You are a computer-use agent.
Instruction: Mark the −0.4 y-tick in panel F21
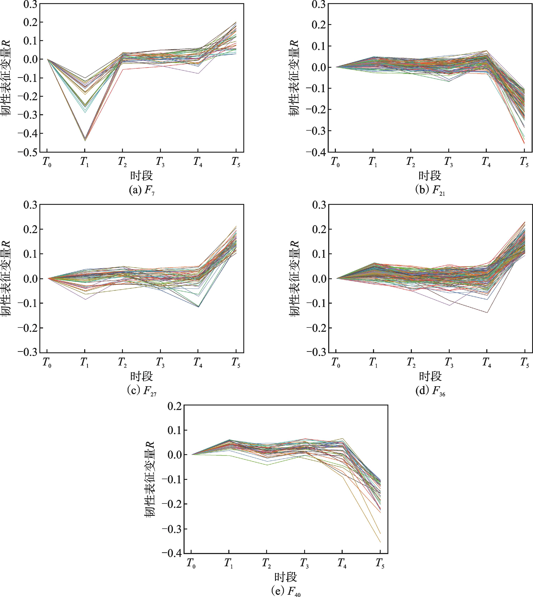point(316,152)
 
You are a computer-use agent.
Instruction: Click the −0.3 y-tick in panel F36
point(316,352)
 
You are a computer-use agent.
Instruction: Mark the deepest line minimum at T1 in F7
point(85,141)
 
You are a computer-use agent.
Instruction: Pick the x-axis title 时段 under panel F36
point(430,376)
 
